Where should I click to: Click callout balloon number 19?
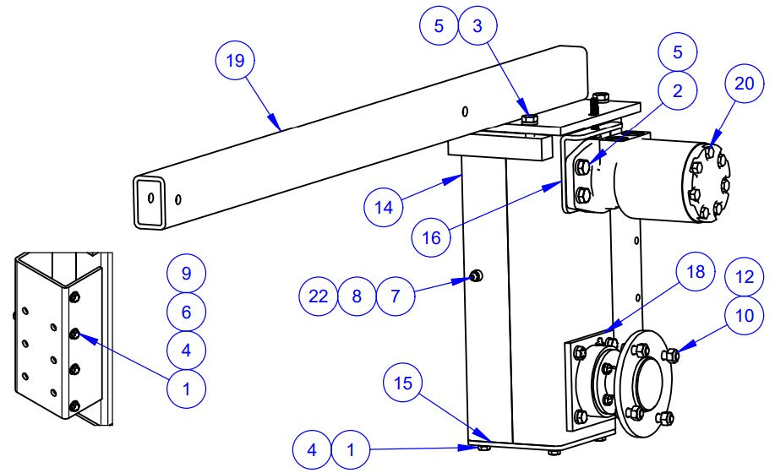coord(235,62)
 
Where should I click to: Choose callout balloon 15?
coord(405,383)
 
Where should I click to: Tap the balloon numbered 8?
coord(357,296)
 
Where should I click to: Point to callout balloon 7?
coord(396,296)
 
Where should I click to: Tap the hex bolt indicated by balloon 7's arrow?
coord(476,275)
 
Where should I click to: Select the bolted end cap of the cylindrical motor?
coord(705,183)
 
